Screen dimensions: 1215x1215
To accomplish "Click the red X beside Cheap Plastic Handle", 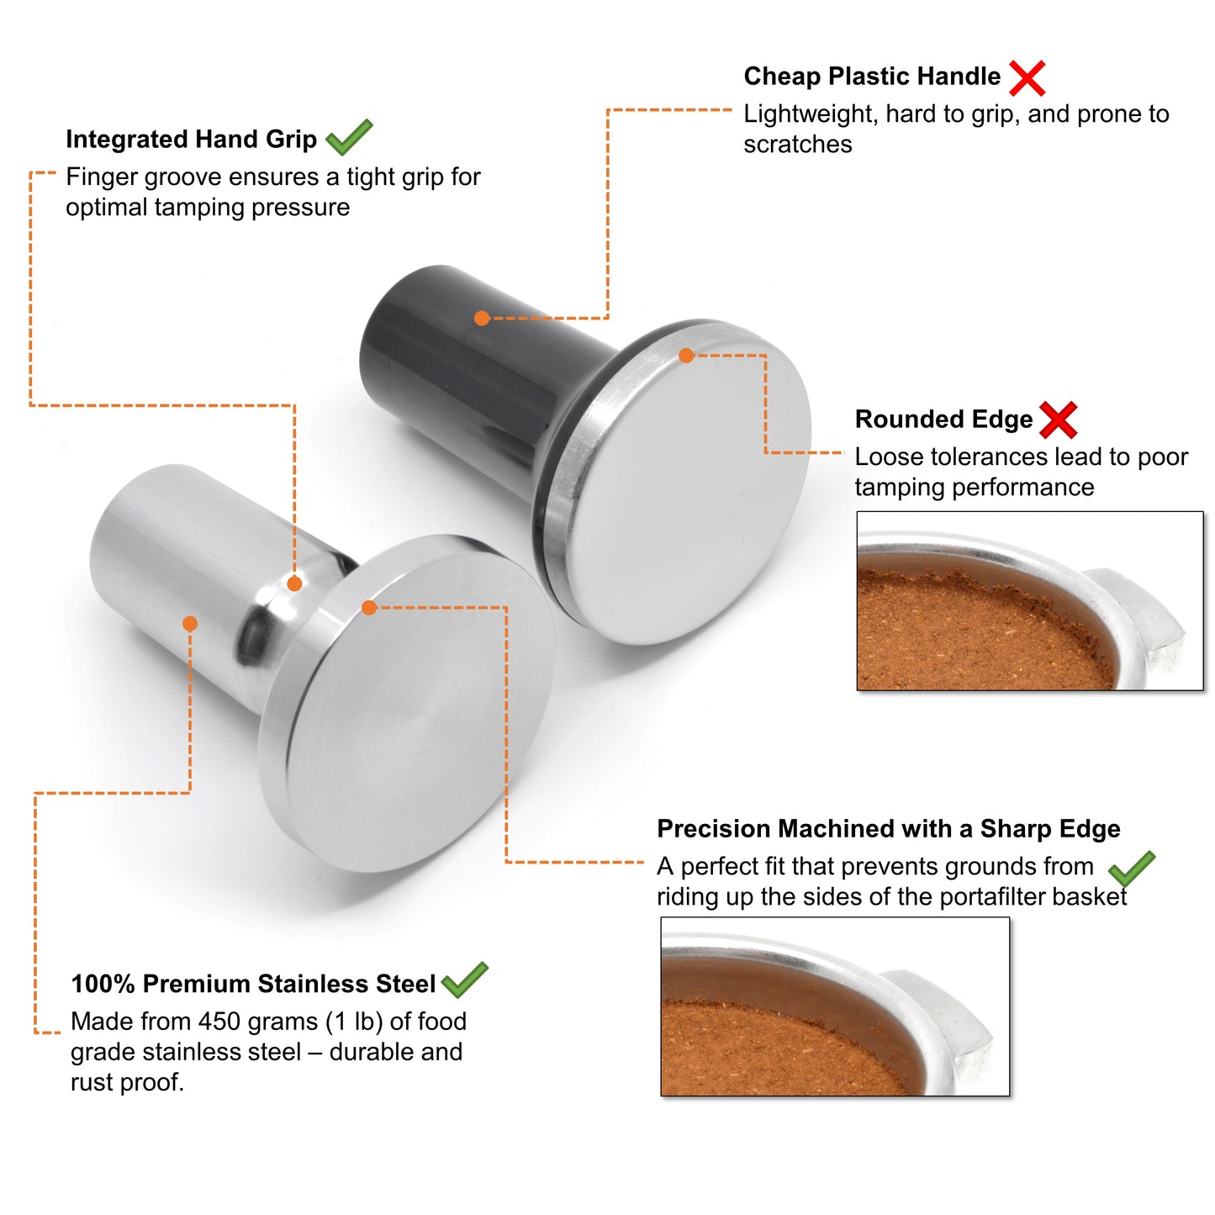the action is point(1027,78).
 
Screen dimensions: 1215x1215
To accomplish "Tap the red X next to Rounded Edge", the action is point(1058,420).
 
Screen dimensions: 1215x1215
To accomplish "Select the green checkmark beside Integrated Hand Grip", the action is point(349,137).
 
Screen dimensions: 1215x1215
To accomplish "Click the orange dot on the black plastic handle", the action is point(482,319).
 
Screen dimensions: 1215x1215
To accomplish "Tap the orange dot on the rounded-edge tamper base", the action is point(687,356).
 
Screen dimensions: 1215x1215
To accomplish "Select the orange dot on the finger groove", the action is point(294,584).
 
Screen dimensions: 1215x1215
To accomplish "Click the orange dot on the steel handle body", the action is point(190,624).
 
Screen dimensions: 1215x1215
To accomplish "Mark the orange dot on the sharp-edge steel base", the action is point(369,608).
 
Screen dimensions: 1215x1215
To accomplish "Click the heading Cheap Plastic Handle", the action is point(872,77).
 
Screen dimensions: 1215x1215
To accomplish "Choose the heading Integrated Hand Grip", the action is point(191,140).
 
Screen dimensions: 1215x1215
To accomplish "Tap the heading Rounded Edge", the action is point(944,420).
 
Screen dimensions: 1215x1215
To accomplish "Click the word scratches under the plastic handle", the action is point(798,145).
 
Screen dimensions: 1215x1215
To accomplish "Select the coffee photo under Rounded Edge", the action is point(1030,601).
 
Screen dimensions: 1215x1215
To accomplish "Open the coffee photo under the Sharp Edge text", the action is point(835,1007).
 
